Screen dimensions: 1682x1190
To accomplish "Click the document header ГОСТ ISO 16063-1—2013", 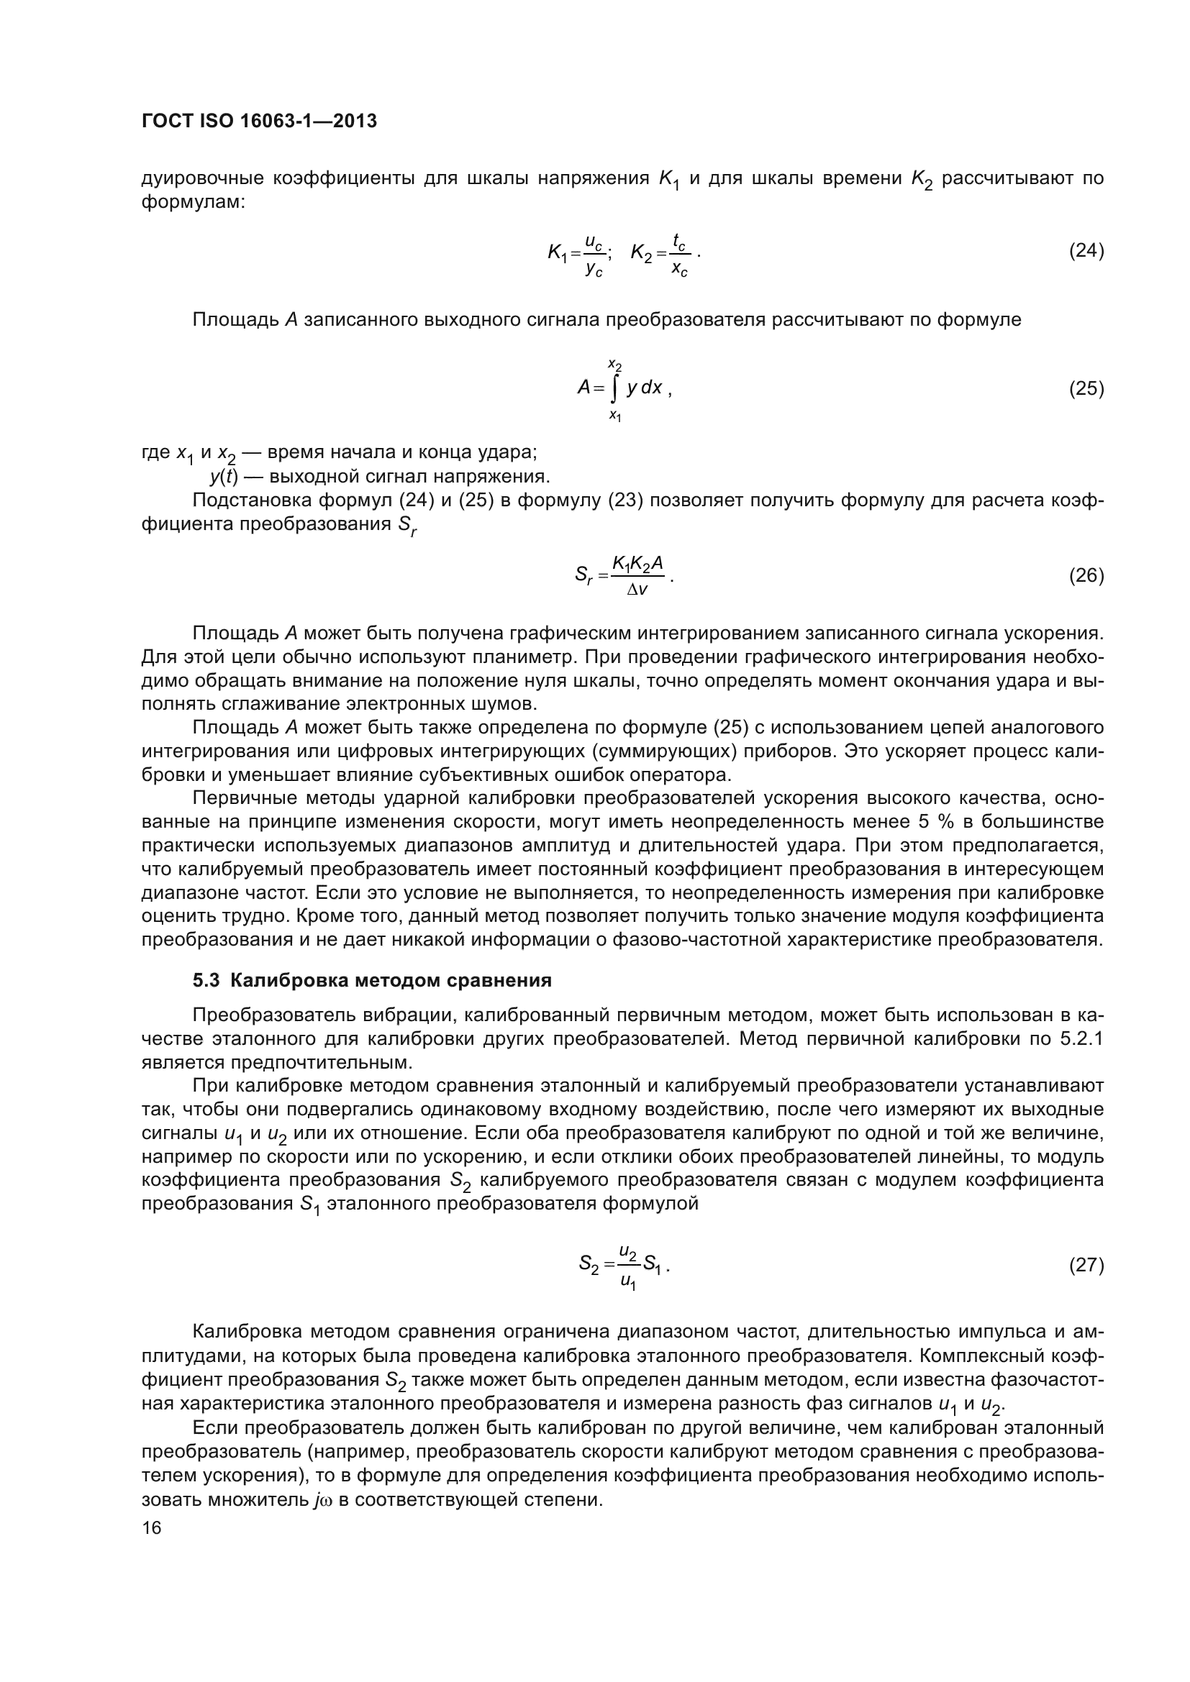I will [259, 122].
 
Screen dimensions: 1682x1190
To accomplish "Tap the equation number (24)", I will [1086, 251].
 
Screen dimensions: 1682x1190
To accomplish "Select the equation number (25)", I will [1086, 388].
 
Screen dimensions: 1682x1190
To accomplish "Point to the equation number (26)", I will [1086, 576].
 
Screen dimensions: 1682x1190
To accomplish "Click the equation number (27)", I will [1086, 1265].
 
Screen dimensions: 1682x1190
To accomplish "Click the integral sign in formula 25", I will [614, 388].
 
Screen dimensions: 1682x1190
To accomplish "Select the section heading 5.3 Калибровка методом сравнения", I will [371, 981].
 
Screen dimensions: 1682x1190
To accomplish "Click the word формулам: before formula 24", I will [193, 201].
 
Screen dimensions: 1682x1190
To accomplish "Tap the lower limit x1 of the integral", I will [614, 416].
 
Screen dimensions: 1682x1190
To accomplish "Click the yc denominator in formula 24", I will [594, 270].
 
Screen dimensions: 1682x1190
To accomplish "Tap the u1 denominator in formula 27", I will [628, 1281].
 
